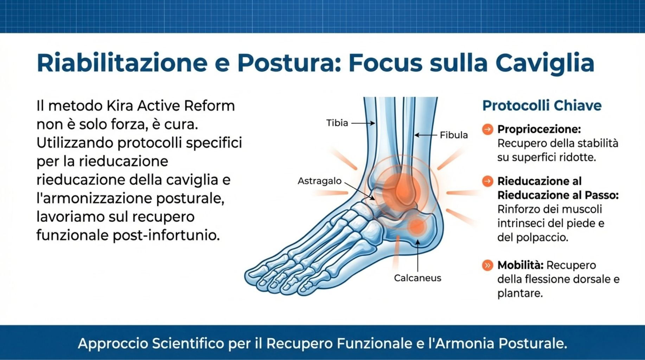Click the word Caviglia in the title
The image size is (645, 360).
click(x=545, y=63)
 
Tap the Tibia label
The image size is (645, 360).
click(x=337, y=123)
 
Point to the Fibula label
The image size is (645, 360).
click(x=454, y=135)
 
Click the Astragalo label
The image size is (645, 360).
click(x=320, y=181)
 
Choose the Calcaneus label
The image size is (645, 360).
click(x=417, y=278)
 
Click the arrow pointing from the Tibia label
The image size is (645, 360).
click(x=363, y=123)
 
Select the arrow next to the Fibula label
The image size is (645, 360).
click(x=426, y=135)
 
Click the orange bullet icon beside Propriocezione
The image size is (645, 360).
click(x=487, y=129)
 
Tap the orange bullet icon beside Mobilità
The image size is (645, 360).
click(x=487, y=265)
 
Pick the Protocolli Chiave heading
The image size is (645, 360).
click(x=542, y=105)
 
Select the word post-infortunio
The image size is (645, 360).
click(x=166, y=235)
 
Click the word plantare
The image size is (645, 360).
click(x=520, y=293)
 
